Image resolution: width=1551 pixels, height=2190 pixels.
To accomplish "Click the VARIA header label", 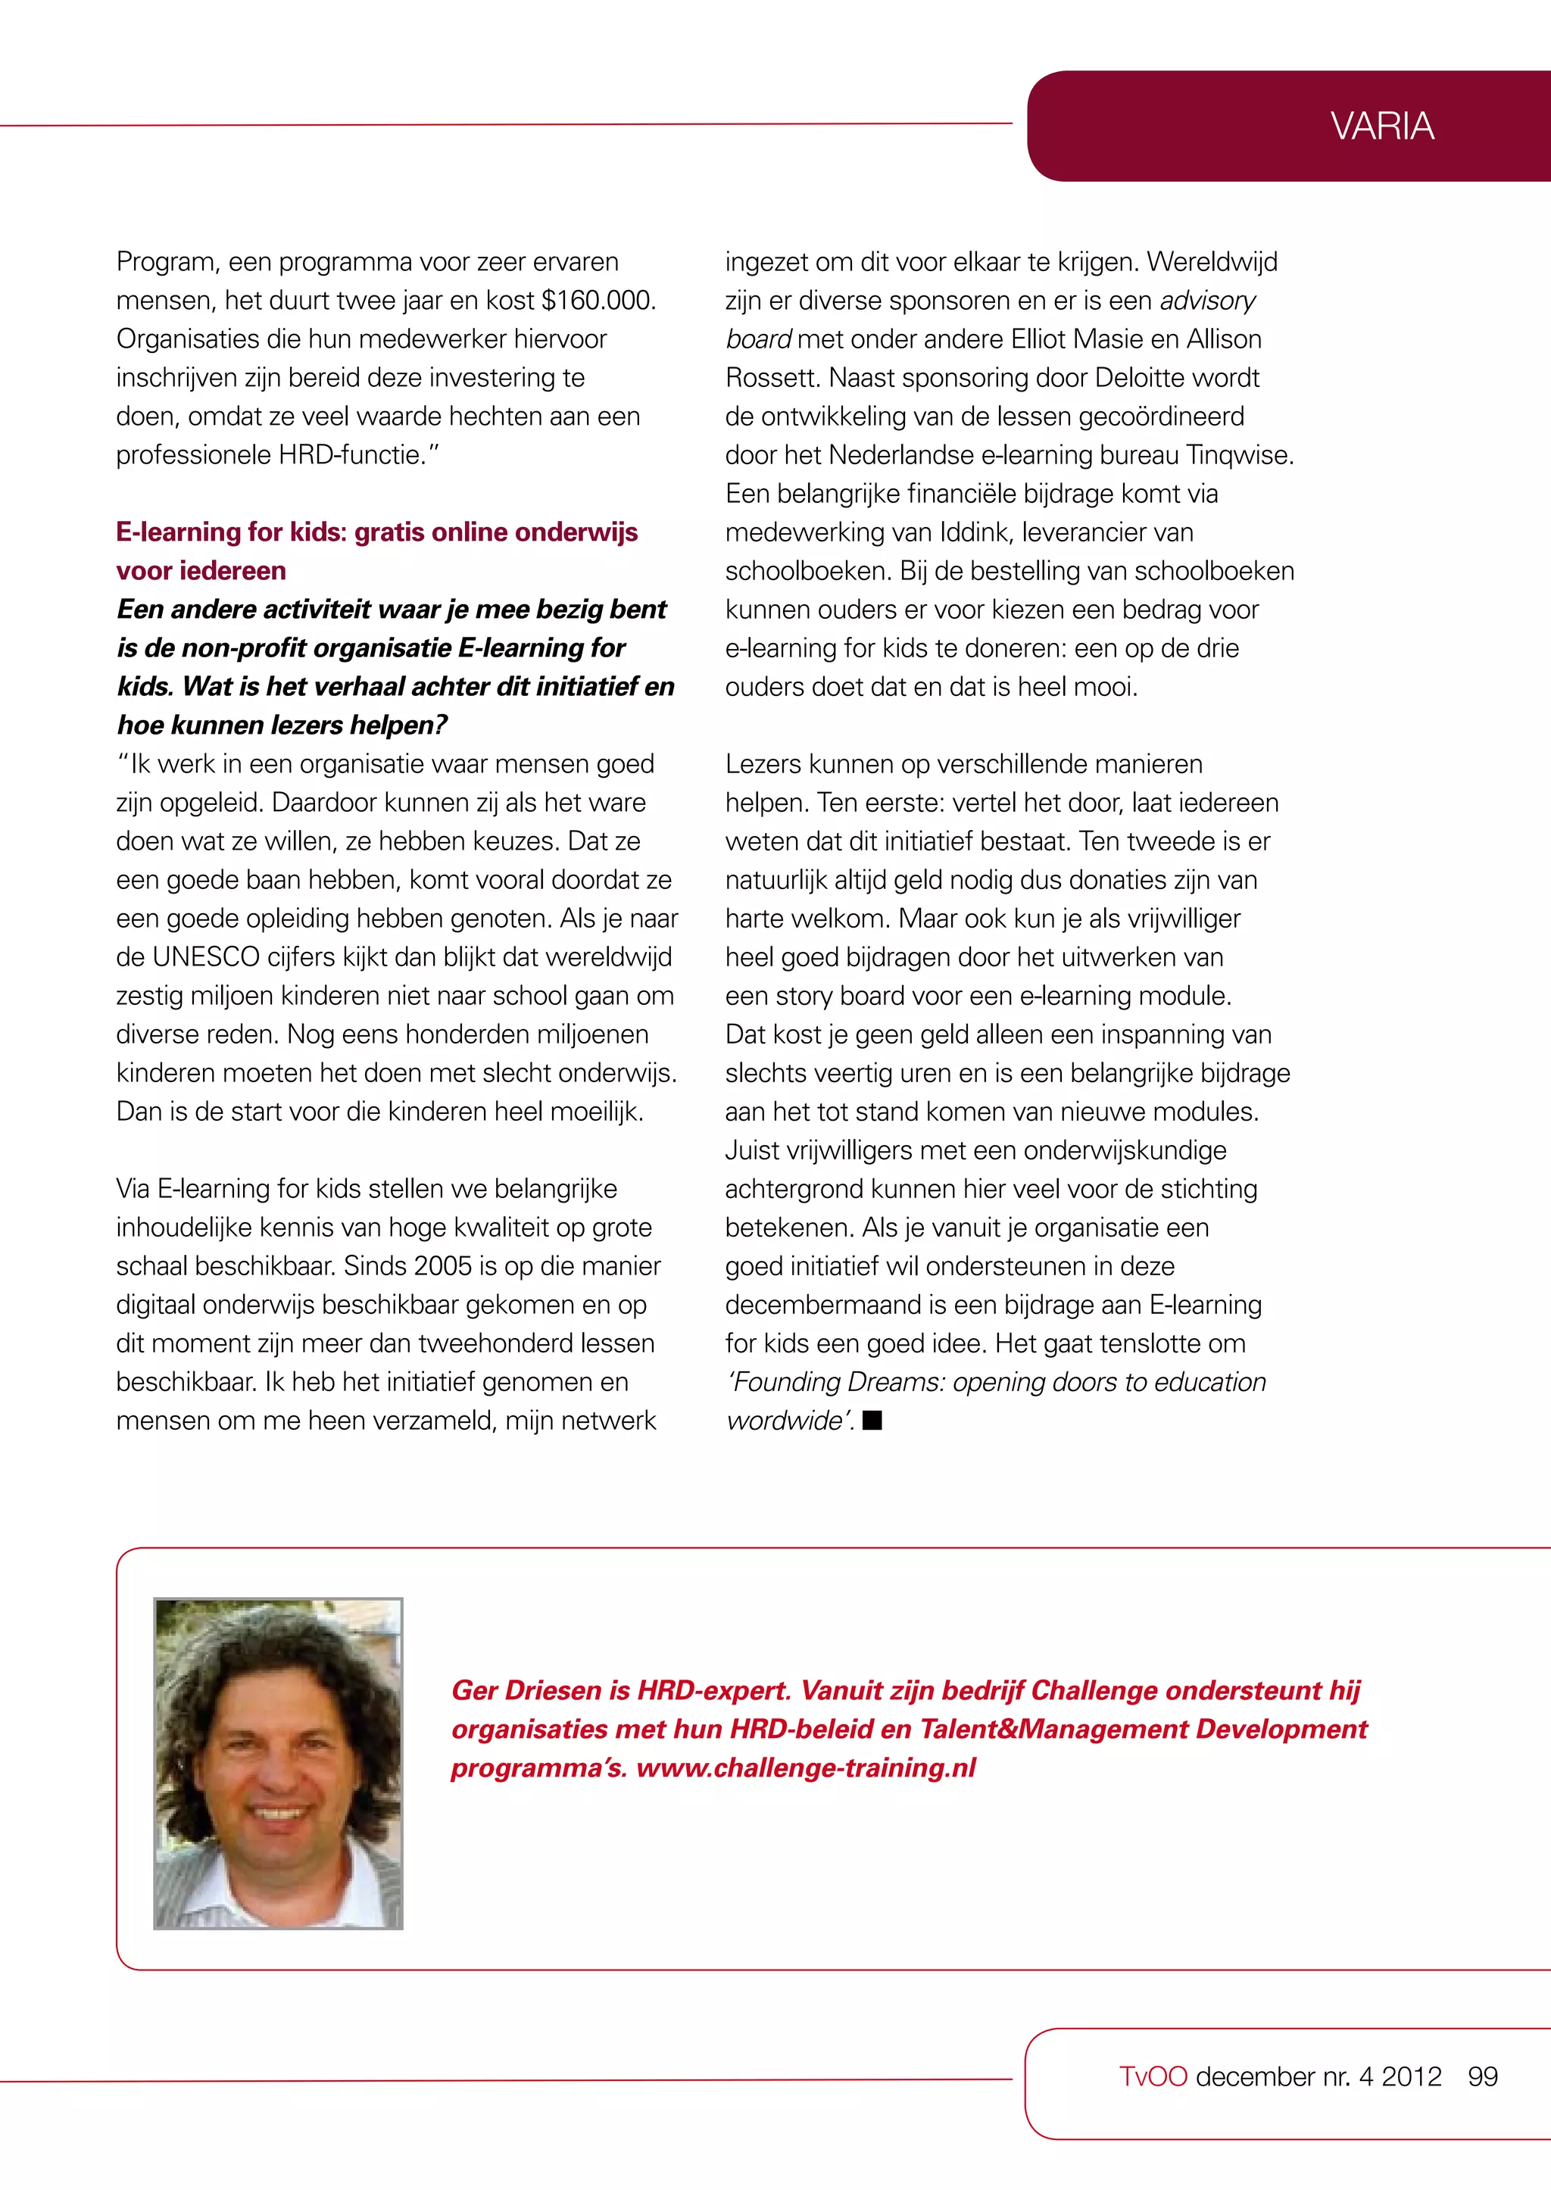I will (x=1381, y=126).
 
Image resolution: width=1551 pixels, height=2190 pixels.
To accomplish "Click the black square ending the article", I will (x=872, y=1420).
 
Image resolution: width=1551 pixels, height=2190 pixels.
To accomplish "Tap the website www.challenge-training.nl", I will (x=806, y=1768).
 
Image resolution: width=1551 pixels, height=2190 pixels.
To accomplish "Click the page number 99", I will (x=1482, y=2076).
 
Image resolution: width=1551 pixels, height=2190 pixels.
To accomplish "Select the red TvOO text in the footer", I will (x=1153, y=2076).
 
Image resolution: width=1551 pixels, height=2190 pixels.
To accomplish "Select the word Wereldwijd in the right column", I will (x=1211, y=262).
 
